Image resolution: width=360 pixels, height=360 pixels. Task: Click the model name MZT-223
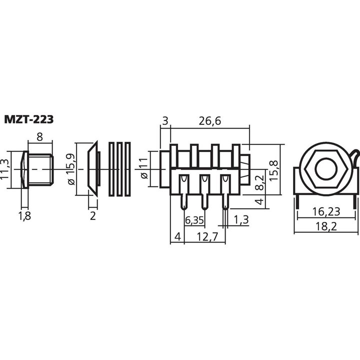pos(29,119)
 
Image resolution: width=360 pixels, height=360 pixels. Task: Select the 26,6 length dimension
pos(210,120)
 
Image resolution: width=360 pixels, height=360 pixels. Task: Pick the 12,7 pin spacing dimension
pos(206,237)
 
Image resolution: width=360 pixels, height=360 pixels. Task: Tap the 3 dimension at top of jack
pos(164,120)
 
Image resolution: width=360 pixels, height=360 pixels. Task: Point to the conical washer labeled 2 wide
pos(93,169)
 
